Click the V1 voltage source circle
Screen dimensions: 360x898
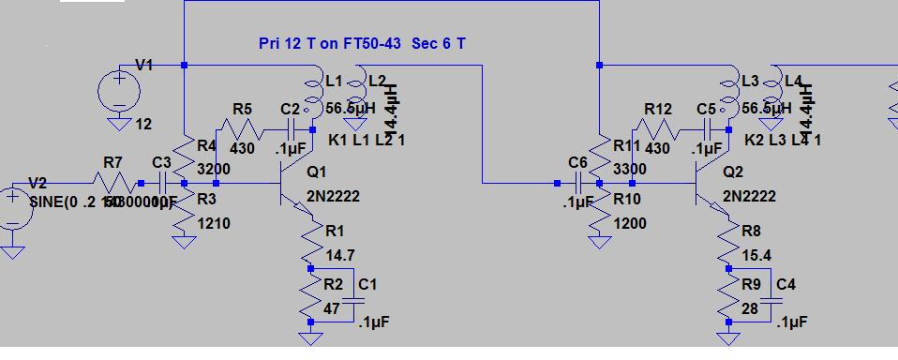pyautogui.click(x=119, y=93)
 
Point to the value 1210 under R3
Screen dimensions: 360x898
pyautogui.click(x=213, y=223)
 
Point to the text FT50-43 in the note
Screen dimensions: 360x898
pyautogui.click(x=374, y=44)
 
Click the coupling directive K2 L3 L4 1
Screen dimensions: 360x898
pyautogui.click(x=783, y=141)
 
